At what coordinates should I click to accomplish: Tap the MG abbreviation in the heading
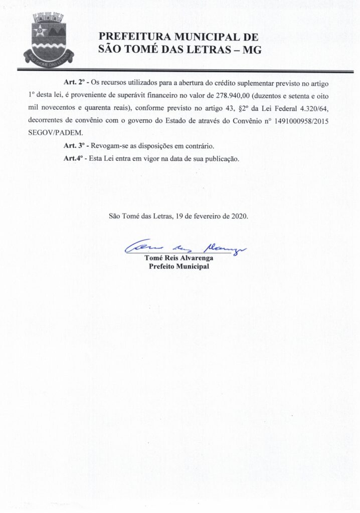click(251, 50)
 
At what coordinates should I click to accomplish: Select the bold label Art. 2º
click(73, 81)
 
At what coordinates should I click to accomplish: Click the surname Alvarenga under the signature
click(196, 258)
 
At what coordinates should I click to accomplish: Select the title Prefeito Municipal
click(179, 266)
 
